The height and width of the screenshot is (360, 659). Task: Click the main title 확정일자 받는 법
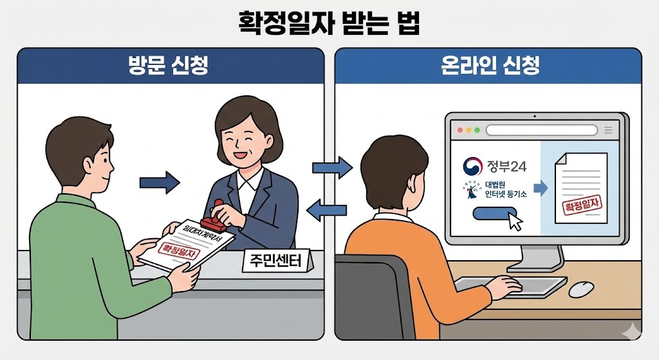(329, 24)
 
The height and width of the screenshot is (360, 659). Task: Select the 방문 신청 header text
(171, 66)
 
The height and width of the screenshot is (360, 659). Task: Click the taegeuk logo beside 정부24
(476, 166)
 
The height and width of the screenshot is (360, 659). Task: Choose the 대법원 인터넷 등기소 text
(504, 193)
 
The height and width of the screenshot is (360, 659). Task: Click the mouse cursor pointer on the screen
(515, 222)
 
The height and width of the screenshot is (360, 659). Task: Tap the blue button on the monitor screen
(494, 213)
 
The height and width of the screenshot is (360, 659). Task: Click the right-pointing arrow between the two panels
(332, 168)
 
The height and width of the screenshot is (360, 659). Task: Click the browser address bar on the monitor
(546, 130)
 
